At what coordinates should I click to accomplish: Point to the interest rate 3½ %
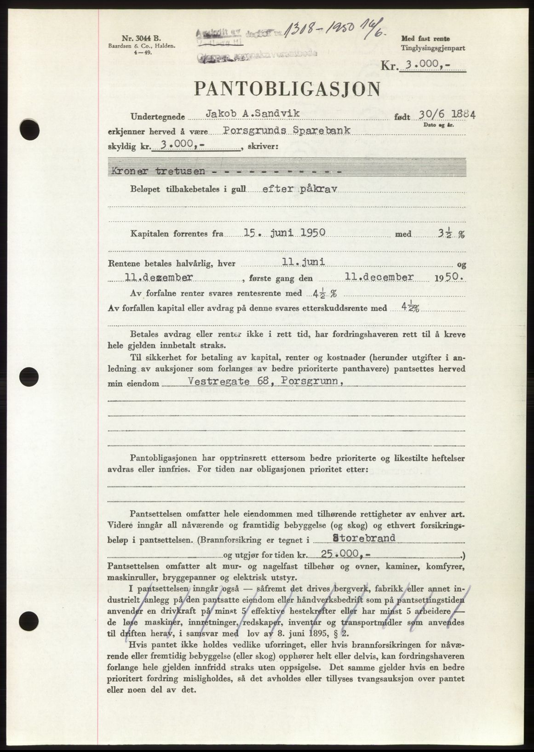click(x=446, y=234)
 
